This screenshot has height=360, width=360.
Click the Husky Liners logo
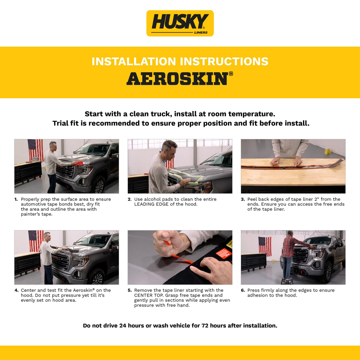(180, 23)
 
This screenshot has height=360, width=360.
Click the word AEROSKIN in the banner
(178, 79)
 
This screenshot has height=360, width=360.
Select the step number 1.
(16, 199)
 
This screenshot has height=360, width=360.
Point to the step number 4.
(16, 290)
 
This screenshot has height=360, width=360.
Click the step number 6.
(243, 290)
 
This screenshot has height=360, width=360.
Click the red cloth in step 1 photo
(77, 163)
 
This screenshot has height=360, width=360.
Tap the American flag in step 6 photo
(265, 246)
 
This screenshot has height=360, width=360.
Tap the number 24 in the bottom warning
(123, 325)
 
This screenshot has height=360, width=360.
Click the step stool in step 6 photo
(287, 281)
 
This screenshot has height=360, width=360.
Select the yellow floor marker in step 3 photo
(327, 151)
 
